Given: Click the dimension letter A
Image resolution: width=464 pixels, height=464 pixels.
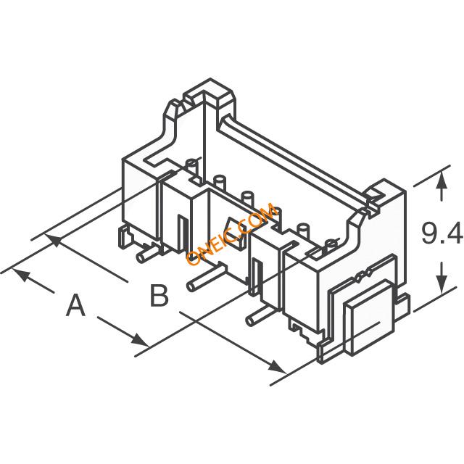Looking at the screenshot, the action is (76, 304).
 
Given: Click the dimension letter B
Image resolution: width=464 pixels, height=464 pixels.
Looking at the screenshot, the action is (159, 295).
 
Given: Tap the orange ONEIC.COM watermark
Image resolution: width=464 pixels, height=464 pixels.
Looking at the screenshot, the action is (232, 233).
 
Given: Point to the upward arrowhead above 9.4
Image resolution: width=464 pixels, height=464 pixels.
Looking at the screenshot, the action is (442, 180).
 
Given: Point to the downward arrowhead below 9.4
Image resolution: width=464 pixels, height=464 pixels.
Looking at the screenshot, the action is (442, 283).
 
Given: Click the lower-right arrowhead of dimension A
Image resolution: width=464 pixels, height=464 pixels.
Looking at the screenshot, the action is (140, 340).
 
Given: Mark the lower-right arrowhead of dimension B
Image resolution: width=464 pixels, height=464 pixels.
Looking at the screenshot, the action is (278, 367).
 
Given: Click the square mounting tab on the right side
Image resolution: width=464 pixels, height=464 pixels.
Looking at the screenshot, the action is (369, 317).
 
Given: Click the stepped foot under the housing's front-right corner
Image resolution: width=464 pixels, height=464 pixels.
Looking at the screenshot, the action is (304, 332).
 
